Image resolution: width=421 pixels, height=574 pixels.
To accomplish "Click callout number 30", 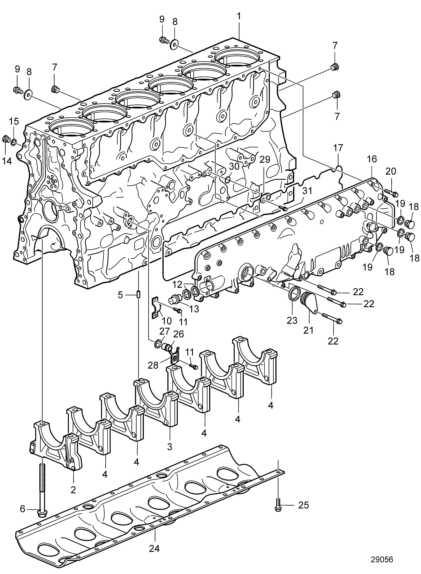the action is click(x=234, y=166).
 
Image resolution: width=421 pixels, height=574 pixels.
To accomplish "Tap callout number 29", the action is click(x=265, y=160).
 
